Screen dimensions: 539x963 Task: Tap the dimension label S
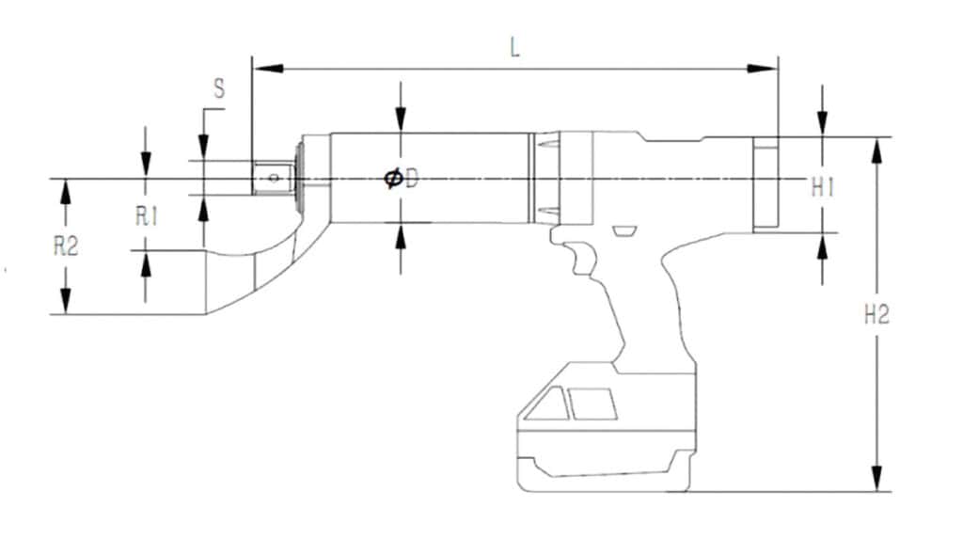tap(218, 90)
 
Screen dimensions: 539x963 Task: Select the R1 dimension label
tap(145, 216)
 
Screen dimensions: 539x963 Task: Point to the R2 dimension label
tap(65, 247)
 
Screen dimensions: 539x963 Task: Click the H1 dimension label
tap(824, 188)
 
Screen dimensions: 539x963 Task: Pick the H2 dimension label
tap(876, 315)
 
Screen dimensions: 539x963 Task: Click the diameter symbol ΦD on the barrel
tap(401, 179)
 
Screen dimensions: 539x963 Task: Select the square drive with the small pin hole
tap(272, 177)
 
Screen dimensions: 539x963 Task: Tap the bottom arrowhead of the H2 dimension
tap(876, 479)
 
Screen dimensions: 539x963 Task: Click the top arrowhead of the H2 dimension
tap(876, 150)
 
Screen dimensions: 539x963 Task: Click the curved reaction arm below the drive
tap(254, 268)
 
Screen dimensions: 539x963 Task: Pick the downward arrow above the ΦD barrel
tap(401, 118)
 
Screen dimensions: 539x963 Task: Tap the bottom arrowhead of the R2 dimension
tap(65, 301)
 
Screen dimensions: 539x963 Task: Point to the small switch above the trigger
tap(623, 231)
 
